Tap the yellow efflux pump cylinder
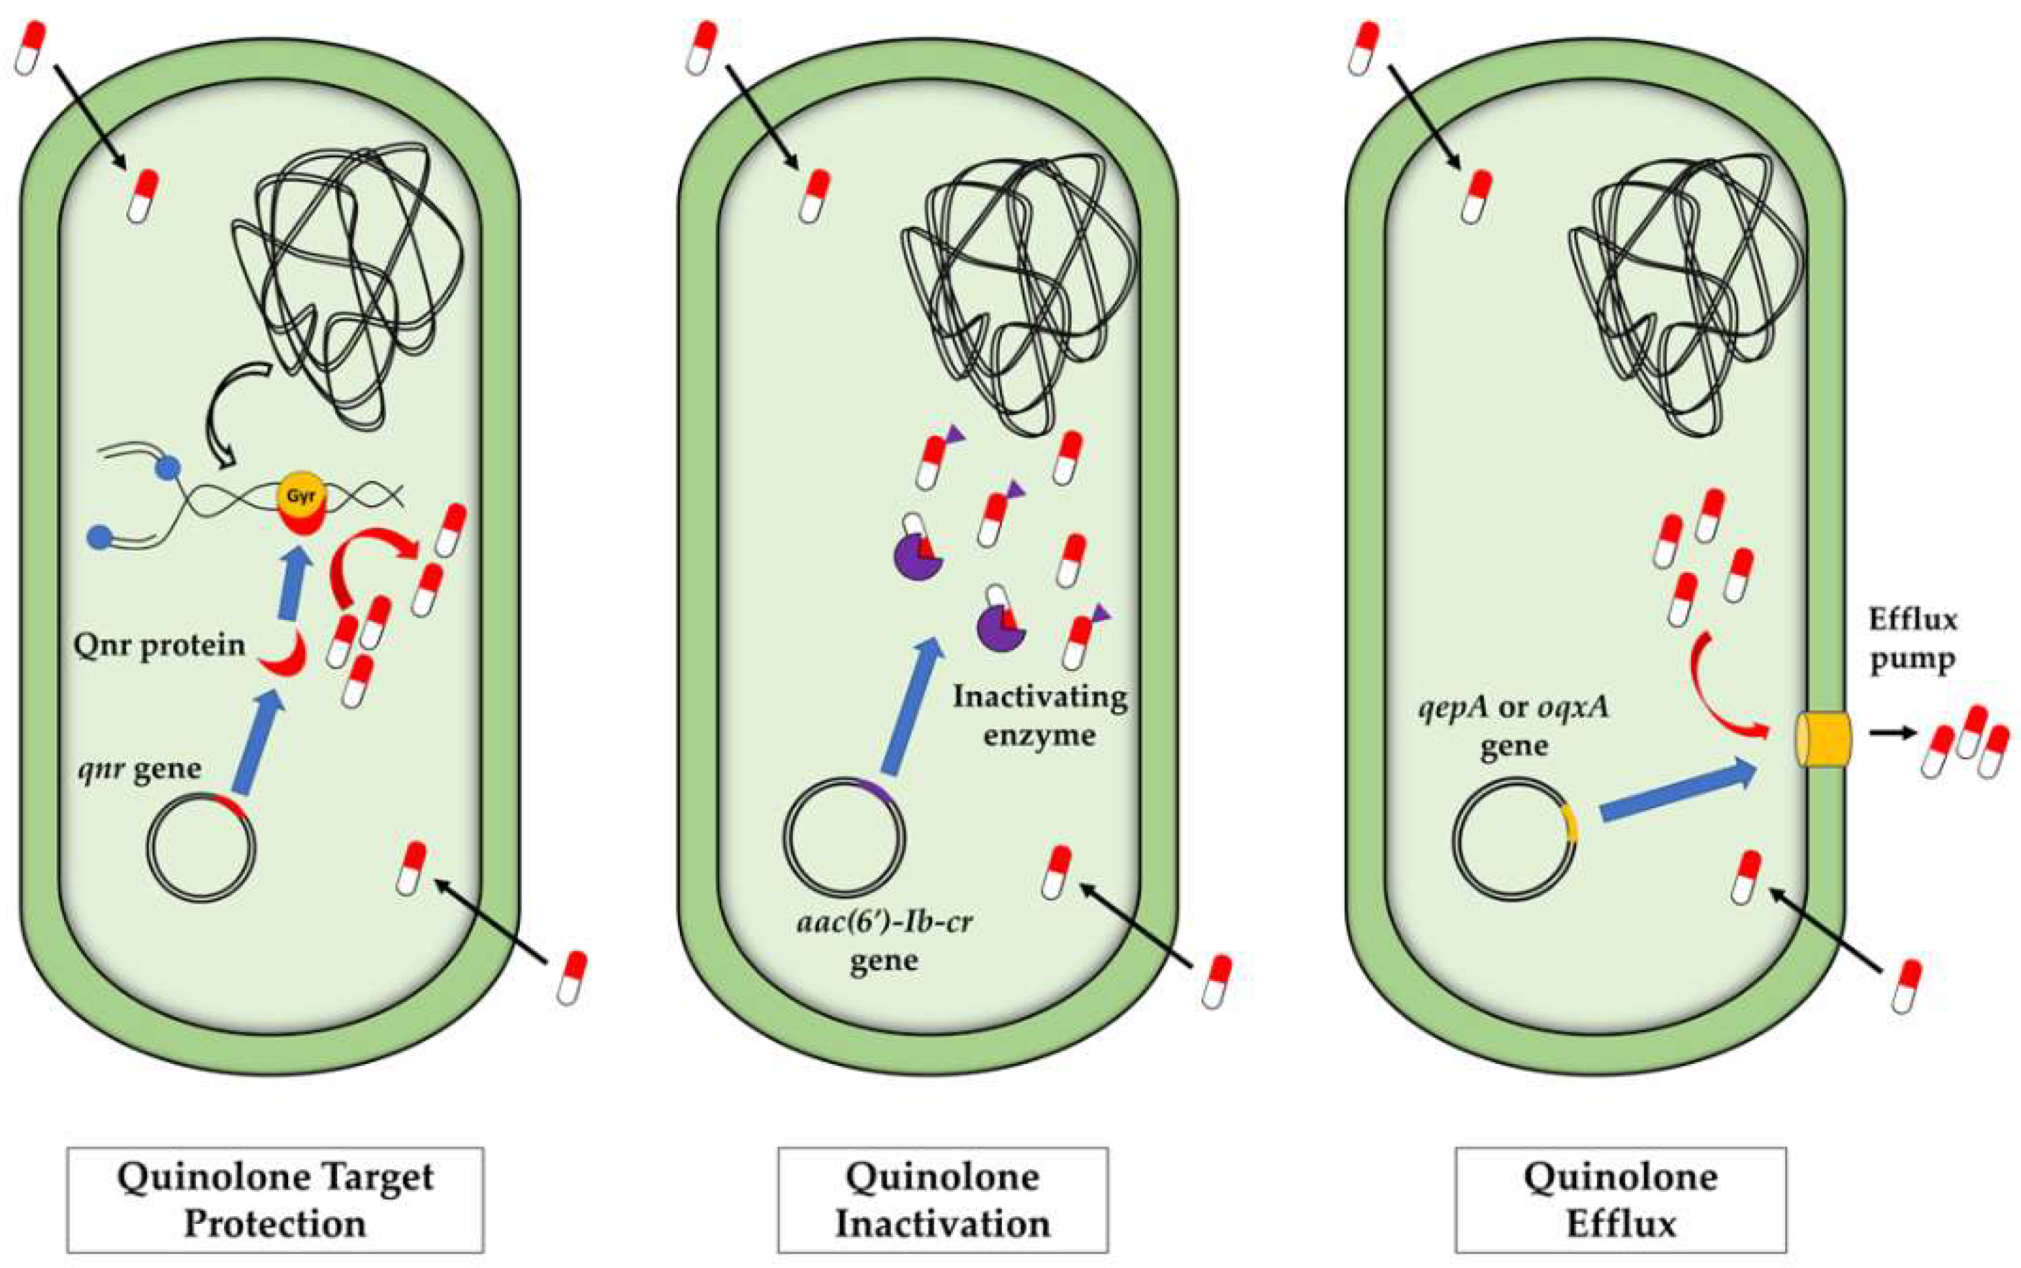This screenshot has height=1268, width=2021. tap(1823, 739)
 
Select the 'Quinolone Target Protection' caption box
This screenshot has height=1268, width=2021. tap(275, 1200)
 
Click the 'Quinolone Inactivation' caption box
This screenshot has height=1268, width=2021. tap(943, 1200)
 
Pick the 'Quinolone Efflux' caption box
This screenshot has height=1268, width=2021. tap(1620, 1200)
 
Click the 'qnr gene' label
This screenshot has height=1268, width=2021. tap(140, 769)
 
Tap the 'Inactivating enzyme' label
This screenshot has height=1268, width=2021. tap(1040, 715)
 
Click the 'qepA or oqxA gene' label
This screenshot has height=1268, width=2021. tap(1514, 726)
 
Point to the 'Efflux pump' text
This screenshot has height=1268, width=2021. tap(1912, 640)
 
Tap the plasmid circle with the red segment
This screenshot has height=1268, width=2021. tap(201, 846)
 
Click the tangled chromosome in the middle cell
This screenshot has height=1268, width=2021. tap(1019, 294)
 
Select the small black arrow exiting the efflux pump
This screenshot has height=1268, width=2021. tap(1892, 733)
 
